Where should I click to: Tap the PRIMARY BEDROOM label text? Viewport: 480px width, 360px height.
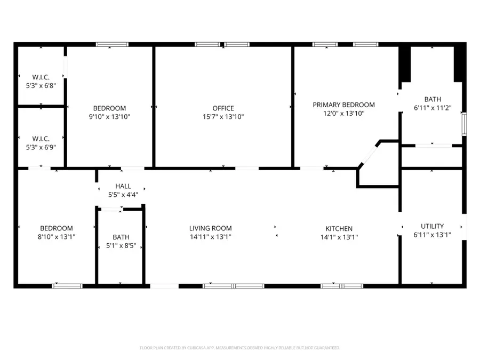343,105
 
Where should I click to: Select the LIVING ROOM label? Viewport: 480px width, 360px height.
210,228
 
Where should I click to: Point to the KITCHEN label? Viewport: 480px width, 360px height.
336,229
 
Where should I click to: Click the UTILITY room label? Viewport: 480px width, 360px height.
432,226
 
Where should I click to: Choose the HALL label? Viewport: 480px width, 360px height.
123,186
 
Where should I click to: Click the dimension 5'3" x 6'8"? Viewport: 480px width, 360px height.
41,85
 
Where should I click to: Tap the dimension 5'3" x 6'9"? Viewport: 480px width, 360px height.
41,148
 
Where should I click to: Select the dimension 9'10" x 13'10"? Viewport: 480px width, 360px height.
109,117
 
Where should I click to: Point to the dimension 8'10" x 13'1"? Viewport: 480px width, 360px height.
56,237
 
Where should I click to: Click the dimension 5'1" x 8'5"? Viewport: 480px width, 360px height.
121,246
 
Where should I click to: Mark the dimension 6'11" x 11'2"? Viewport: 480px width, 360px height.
433,108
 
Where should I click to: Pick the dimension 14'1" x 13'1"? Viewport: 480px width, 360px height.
339,237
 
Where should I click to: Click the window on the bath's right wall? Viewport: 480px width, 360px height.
464,123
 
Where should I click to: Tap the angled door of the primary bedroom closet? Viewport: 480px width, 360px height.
367,155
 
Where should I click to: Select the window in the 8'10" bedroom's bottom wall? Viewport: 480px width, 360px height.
67,286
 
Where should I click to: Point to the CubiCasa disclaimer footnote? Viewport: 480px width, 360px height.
240,348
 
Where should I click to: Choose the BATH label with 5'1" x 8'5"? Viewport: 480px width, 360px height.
121,237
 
